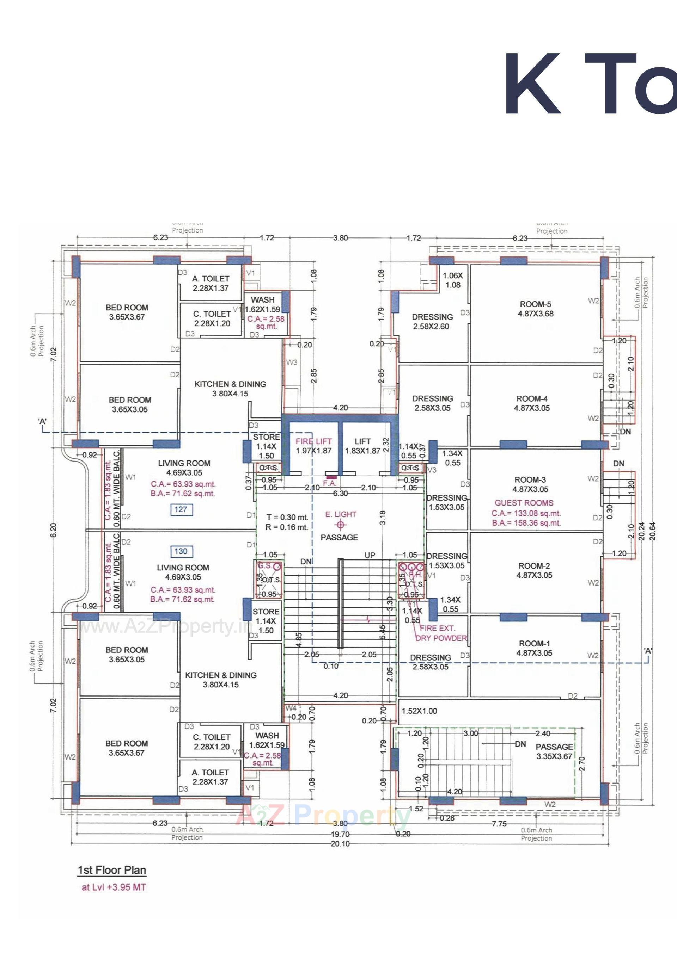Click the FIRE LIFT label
(x=313, y=441)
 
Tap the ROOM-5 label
(x=536, y=304)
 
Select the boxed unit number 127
(x=181, y=509)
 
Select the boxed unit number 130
(x=181, y=551)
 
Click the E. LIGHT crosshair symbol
(x=340, y=525)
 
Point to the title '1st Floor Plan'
(x=112, y=871)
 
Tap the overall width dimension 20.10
(x=340, y=844)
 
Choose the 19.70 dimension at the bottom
(x=340, y=834)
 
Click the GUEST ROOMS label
(x=524, y=503)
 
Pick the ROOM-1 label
(x=534, y=644)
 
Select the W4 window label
(x=291, y=708)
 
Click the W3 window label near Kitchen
(x=292, y=363)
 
